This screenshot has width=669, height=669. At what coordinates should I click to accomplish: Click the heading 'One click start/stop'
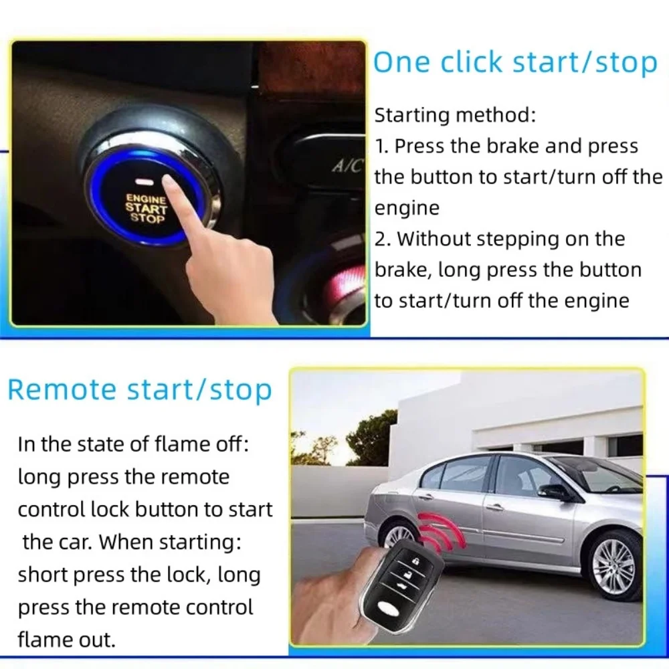(x=515, y=63)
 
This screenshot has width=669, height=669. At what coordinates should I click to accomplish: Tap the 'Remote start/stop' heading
(x=140, y=389)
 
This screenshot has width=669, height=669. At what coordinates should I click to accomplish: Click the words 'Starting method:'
(x=455, y=115)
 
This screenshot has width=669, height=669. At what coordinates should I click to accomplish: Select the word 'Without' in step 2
(x=435, y=239)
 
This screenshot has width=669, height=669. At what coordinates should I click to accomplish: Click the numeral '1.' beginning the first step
(x=382, y=147)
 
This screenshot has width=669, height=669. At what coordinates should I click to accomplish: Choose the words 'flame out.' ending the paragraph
(x=66, y=640)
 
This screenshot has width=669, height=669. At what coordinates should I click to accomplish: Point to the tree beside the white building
(x=371, y=438)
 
